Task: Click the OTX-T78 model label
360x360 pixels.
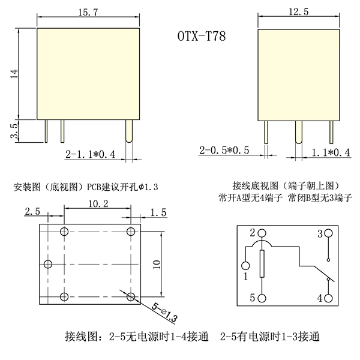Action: coord(202,36)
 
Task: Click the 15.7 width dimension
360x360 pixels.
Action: coord(88,12)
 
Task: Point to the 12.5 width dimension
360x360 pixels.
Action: coord(298,11)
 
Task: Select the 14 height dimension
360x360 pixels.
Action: coord(14,73)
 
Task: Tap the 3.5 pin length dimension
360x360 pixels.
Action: coord(14,131)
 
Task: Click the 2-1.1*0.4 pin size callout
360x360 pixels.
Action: coord(90,154)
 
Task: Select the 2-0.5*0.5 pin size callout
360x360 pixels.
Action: coord(224,151)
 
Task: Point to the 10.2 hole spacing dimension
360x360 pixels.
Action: coord(98,203)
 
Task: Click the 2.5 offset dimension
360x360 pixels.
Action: coord(32,211)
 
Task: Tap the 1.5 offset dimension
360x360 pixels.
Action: coord(158,212)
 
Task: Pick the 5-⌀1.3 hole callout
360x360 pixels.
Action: coord(164,313)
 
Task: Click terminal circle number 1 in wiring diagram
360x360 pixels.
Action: coord(245,266)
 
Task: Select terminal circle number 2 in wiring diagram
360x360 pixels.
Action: coord(262,233)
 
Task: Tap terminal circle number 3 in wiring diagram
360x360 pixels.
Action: coord(329,233)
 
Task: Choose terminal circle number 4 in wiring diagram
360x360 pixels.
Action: coord(329,298)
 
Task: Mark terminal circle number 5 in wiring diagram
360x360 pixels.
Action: coord(262,298)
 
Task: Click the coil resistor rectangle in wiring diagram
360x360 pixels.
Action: coord(262,264)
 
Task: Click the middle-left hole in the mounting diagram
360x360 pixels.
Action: coord(48,264)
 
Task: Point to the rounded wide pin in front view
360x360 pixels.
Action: coord(129,131)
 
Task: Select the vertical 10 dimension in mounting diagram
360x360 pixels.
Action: coord(157,265)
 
